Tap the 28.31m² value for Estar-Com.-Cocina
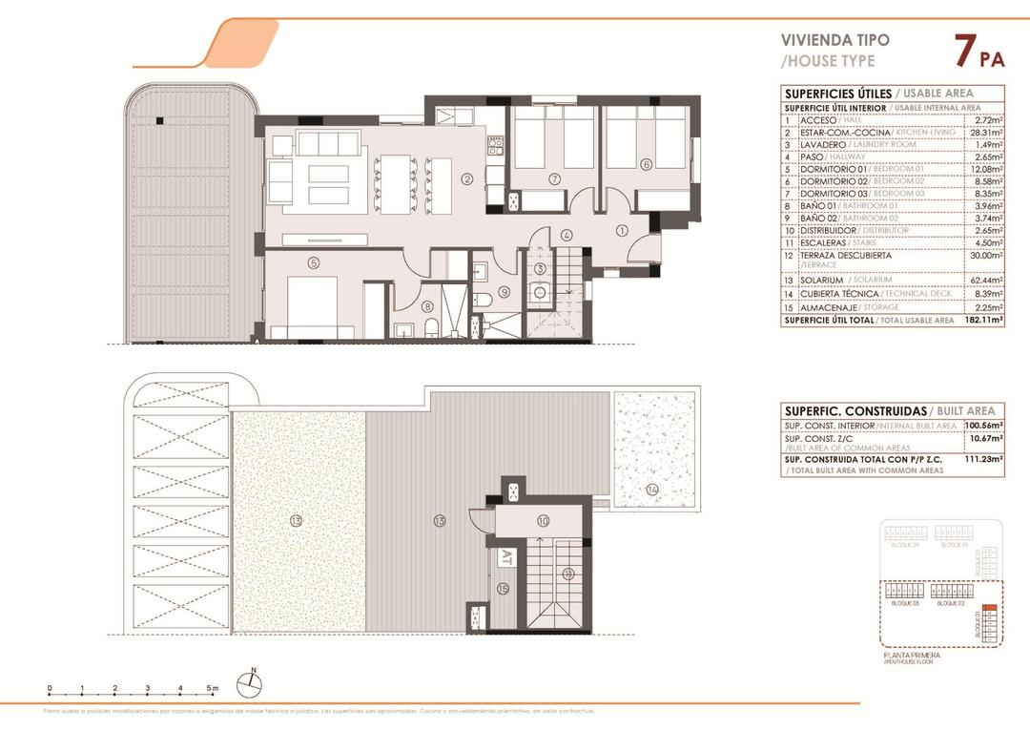tap(983, 133)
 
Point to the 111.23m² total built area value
tap(982, 459)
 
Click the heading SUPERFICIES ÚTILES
tap(837, 94)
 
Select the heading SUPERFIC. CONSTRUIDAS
tap(854, 410)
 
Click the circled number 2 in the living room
tap(467, 178)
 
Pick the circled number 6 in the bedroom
tap(646, 164)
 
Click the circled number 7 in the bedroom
tap(553, 178)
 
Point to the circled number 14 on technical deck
tap(651, 490)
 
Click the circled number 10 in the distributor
tap(543, 521)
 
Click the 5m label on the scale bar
tap(214, 688)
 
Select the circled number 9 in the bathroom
tap(504, 292)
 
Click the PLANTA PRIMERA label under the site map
tap(913, 656)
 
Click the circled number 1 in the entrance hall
tap(621, 229)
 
